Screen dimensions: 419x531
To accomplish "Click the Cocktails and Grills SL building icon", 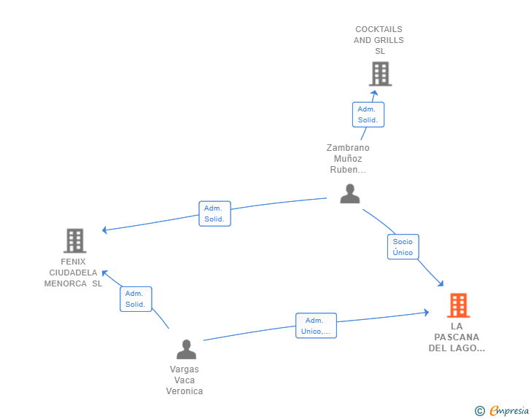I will click(380, 74).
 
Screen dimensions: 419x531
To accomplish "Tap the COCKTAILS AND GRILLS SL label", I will click(379, 41).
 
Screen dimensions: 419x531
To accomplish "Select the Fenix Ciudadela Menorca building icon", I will click(74, 240).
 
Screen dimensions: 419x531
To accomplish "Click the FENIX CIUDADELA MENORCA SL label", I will click(73, 273).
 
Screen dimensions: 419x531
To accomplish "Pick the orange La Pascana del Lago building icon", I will click(458, 305).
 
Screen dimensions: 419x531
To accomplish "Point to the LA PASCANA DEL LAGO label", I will click(457, 337).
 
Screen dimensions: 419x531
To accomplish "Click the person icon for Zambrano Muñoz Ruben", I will click(350, 194).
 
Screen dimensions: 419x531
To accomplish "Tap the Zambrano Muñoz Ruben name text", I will click(348, 159).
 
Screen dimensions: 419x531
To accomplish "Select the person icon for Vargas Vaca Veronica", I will click(186, 350).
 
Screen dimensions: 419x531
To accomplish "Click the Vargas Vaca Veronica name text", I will click(185, 380).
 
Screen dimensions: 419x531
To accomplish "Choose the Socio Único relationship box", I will click(403, 247).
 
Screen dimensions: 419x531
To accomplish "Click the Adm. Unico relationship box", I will click(316, 326).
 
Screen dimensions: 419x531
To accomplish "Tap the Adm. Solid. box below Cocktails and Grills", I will click(368, 114).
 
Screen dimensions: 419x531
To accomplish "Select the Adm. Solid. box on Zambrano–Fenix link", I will click(214, 214).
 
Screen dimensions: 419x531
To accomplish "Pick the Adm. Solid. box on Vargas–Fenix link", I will click(136, 299).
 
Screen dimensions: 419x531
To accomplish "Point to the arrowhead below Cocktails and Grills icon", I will click(374, 93).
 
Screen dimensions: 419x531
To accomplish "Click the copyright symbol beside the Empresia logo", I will click(479, 411).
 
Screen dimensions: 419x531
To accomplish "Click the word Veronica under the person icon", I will click(185, 391).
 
